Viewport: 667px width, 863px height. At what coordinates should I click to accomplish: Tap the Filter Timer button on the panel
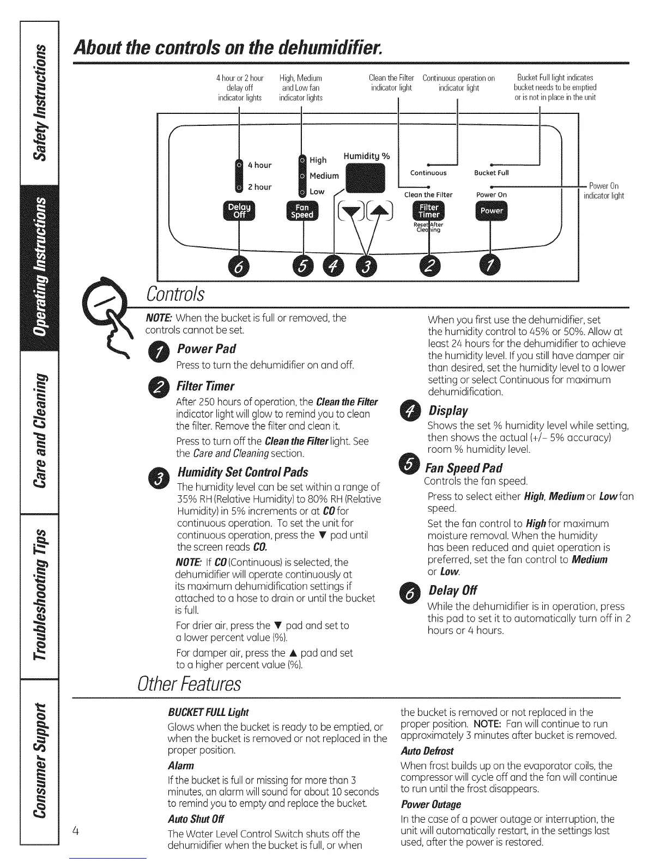click(x=429, y=210)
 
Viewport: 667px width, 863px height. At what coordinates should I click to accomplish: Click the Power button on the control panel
click(x=491, y=211)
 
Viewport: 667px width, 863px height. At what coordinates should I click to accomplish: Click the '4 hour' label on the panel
click(x=259, y=165)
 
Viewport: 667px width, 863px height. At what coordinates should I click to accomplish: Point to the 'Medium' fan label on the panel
click(x=324, y=176)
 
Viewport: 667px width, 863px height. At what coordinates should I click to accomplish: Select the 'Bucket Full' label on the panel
click(x=491, y=173)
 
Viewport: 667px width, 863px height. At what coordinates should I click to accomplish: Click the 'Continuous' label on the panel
click(x=428, y=173)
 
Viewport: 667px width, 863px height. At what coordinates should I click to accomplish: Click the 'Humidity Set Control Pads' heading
click(x=242, y=472)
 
